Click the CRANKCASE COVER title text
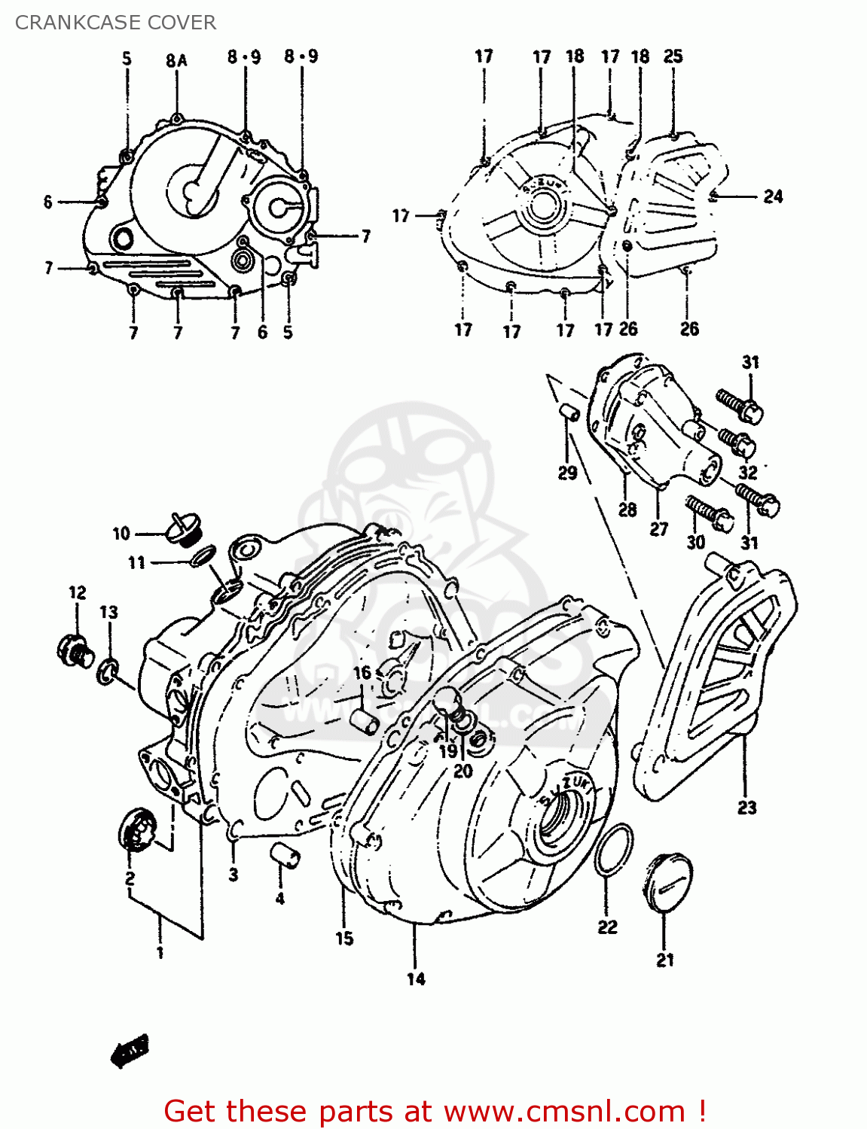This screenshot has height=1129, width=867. tap(115, 23)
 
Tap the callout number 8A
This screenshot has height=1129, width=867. tap(176, 60)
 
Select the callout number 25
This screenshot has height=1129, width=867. tap(673, 56)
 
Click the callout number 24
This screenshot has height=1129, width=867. tap(773, 196)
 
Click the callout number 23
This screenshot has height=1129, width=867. tap(746, 808)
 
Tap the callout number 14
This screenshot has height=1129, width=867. tap(416, 978)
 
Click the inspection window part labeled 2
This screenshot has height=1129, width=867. tap(137, 829)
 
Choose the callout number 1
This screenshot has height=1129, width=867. tap(160, 953)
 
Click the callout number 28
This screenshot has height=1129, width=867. tap(627, 510)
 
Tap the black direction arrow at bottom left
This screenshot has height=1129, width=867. tap(130, 1049)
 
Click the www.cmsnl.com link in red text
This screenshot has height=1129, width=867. tap(563, 1111)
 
